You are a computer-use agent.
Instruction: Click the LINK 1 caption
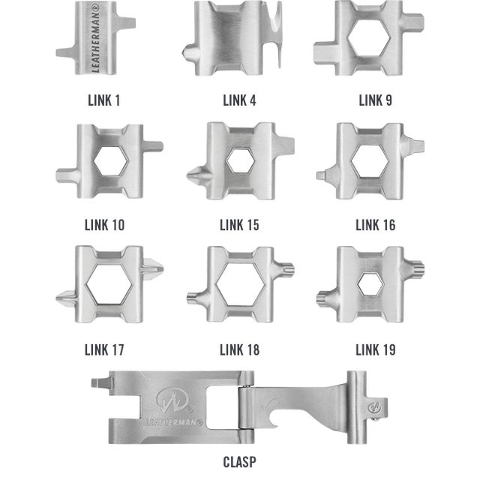pos(103,100)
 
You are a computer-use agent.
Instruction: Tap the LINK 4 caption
pos(239,100)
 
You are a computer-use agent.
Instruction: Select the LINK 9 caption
pos(375,100)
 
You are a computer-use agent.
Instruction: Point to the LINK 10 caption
pos(104,225)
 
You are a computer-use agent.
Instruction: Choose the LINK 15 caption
pos(239,225)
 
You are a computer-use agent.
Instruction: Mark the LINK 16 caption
pos(375,225)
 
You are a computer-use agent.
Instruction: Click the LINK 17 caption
pos(104,350)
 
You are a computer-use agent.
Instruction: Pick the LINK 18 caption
pos(239,350)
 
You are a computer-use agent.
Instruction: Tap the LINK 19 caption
pos(375,350)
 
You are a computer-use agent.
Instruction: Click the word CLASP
pos(239,462)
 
